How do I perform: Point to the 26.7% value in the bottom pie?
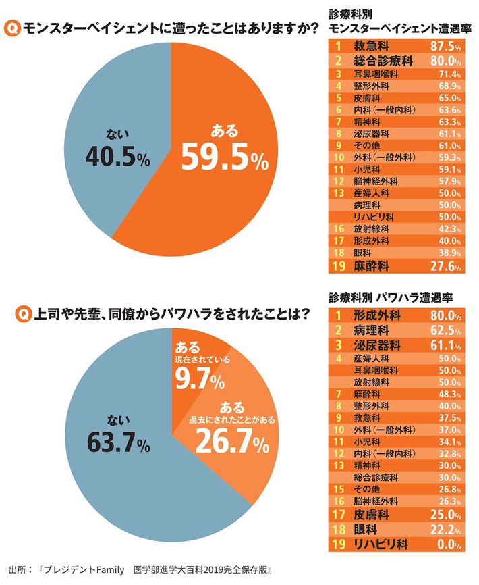click(x=232, y=440)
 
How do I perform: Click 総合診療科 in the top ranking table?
click(x=383, y=61)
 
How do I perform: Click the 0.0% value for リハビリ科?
click(x=447, y=544)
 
